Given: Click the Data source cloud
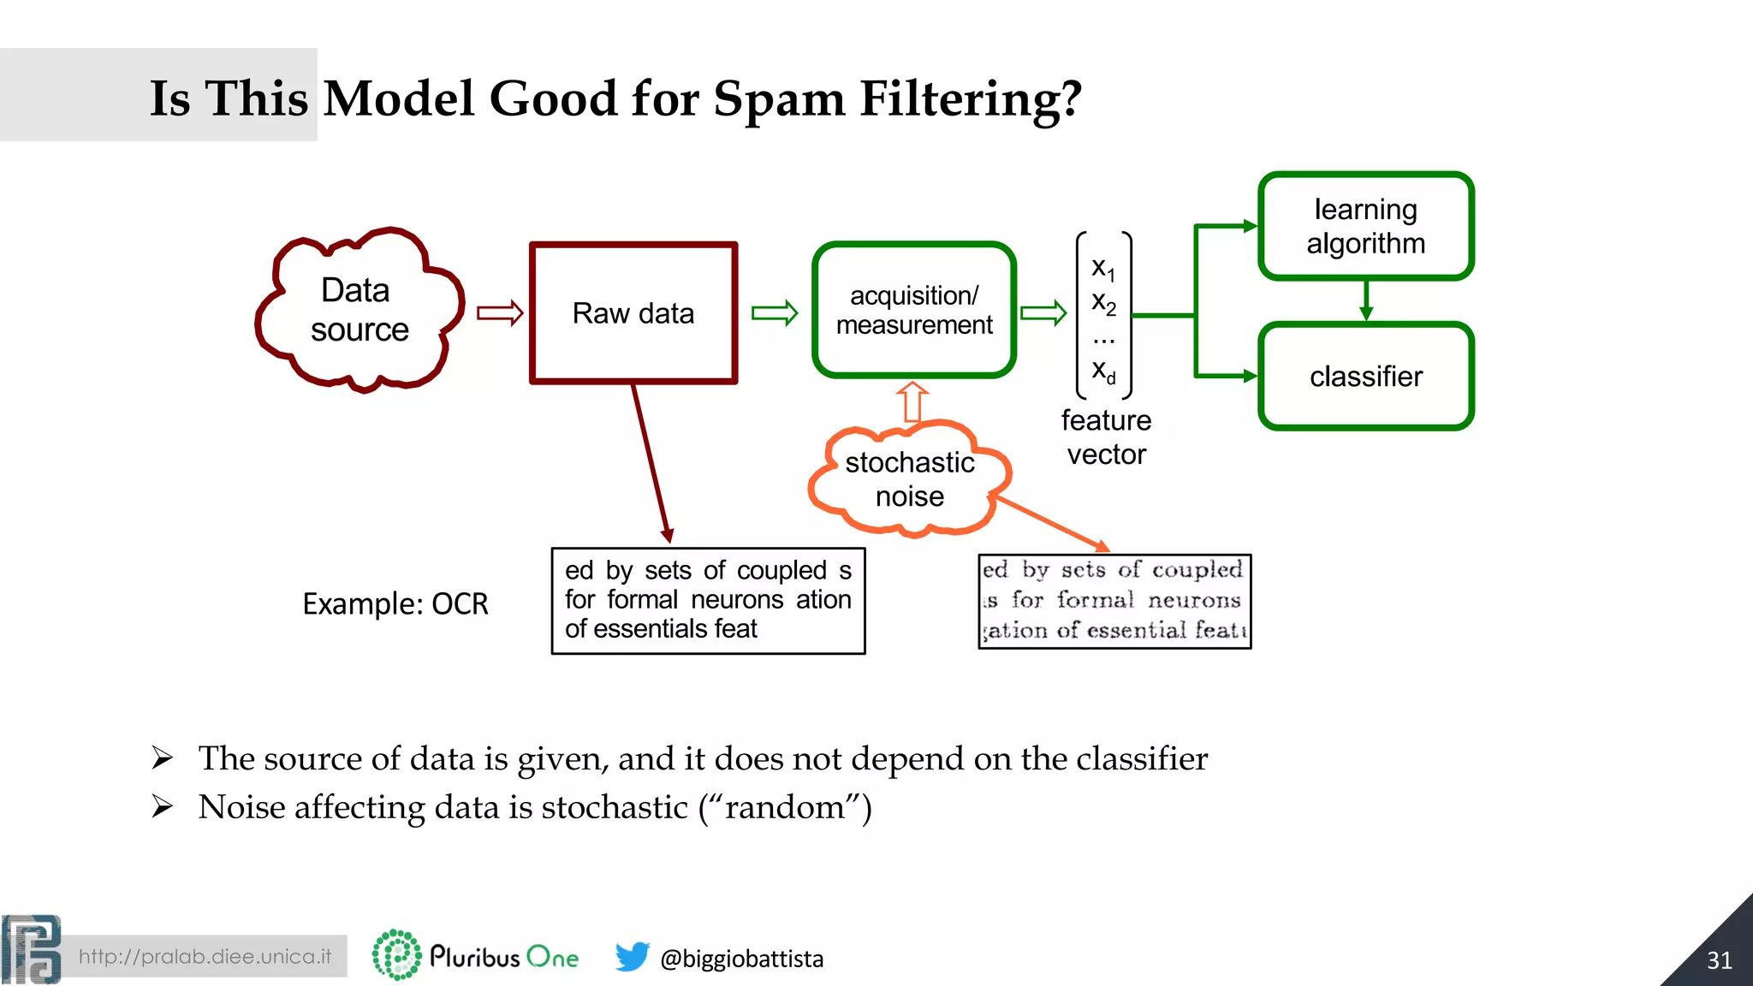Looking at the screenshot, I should [x=360, y=310].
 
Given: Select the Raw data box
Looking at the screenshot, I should [x=633, y=313].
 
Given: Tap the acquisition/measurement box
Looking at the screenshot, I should [x=914, y=310].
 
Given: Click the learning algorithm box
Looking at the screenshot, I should [x=1365, y=226].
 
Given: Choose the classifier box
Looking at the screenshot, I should [x=1365, y=377].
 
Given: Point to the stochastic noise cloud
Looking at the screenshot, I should [x=909, y=479].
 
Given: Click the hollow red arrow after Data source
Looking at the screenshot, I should [x=500, y=313].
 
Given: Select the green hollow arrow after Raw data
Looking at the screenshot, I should [x=775, y=313].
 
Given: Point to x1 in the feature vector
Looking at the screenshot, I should [x=1103, y=269].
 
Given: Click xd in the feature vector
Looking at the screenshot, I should [x=1103, y=371].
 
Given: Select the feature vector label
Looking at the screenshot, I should [x=1106, y=437].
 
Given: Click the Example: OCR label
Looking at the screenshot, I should [x=395, y=604].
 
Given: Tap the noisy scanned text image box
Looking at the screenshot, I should [x=1114, y=601].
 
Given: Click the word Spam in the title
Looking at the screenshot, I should [x=779, y=98].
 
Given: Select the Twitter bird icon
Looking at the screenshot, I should [x=633, y=957].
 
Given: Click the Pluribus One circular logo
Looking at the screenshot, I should [x=396, y=955].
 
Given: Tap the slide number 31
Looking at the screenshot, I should [x=1719, y=960].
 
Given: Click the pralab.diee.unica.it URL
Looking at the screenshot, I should [x=205, y=956].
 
